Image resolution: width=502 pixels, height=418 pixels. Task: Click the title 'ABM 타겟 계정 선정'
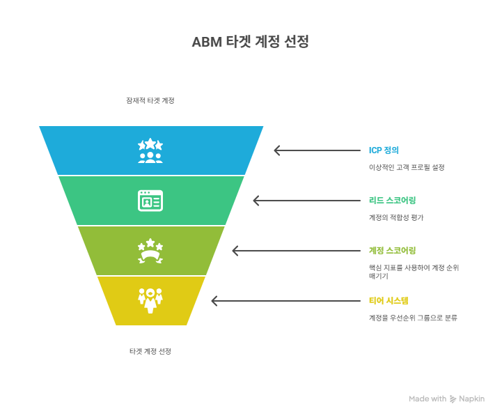(x=250, y=42)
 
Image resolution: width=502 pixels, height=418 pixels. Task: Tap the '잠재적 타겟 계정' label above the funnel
(x=150, y=100)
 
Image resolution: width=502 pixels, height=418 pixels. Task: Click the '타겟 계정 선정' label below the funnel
(x=150, y=351)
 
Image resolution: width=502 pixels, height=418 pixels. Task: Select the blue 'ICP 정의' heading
(x=384, y=150)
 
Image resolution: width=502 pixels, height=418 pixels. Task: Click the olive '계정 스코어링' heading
(x=392, y=250)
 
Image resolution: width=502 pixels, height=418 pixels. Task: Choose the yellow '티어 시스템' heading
(x=389, y=300)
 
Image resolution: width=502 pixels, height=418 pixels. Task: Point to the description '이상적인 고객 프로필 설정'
(x=406, y=167)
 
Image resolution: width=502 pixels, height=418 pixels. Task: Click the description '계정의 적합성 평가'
(x=395, y=217)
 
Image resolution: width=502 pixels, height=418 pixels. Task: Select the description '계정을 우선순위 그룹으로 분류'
(x=413, y=318)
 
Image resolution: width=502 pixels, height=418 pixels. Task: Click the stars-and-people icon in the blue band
(x=150, y=150)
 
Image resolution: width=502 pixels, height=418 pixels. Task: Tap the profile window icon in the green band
(x=150, y=201)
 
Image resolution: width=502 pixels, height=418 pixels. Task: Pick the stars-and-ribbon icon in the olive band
(x=150, y=251)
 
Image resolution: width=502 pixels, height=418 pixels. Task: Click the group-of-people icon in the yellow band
(x=150, y=300)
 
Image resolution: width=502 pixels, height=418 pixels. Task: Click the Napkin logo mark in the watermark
(x=453, y=399)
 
